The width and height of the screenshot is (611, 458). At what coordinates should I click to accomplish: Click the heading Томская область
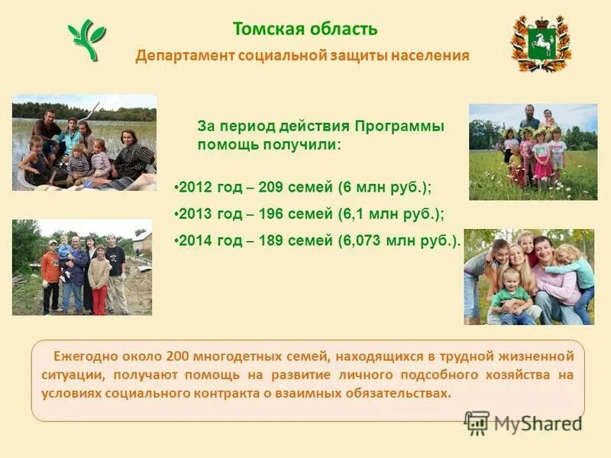(305, 29)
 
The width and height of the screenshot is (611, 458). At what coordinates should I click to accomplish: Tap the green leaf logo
(87, 40)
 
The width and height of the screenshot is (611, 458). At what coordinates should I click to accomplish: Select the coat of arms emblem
(540, 44)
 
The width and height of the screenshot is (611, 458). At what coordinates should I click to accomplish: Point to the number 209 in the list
(273, 187)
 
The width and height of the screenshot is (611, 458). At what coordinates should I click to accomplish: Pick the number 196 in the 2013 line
(273, 214)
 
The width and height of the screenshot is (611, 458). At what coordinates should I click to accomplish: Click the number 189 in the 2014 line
(273, 241)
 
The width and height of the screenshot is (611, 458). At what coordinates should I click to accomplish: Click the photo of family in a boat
(84, 142)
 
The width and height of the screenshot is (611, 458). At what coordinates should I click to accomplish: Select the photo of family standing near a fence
(82, 267)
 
